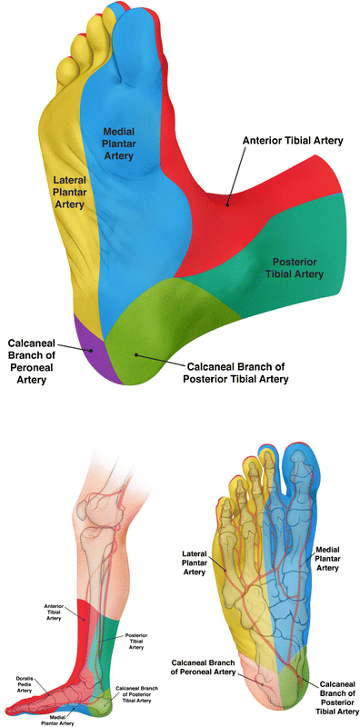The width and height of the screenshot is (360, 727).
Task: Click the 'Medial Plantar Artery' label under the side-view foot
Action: (x=68, y=719)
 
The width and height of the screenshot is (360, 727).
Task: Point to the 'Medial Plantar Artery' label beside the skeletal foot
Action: (x=330, y=560)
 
